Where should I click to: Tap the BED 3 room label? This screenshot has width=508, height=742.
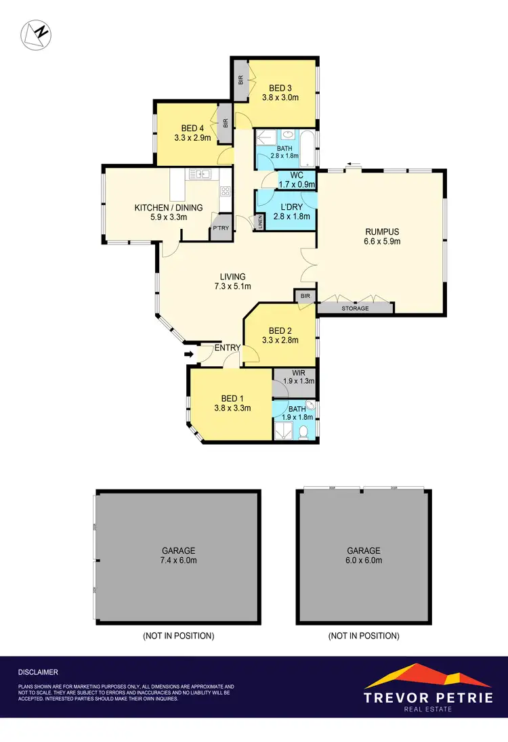tap(280, 87)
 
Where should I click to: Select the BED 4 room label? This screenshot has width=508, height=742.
tap(192, 128)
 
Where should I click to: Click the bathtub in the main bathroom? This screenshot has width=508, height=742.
tap(310, 148)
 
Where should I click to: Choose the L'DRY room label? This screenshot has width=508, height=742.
tap(291, 206)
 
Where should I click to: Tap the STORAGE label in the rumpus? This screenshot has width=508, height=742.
tap(355, 309)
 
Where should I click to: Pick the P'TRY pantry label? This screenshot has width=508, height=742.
tap(221, 229)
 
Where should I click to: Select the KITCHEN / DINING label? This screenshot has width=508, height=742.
tap(160, 207)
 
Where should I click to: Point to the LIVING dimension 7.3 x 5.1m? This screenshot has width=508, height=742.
tap(232, 286)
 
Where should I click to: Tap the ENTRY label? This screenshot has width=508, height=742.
tap(228, 348)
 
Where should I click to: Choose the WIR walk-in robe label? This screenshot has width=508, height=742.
tap(298, 372)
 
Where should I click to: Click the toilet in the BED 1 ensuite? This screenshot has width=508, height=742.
tap(306, 431)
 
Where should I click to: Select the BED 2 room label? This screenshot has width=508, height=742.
tap(280, 330)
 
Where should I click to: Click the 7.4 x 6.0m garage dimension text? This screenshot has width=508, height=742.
tap(178, 561)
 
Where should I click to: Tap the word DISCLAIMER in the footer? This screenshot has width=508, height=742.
tap(38, 672)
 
